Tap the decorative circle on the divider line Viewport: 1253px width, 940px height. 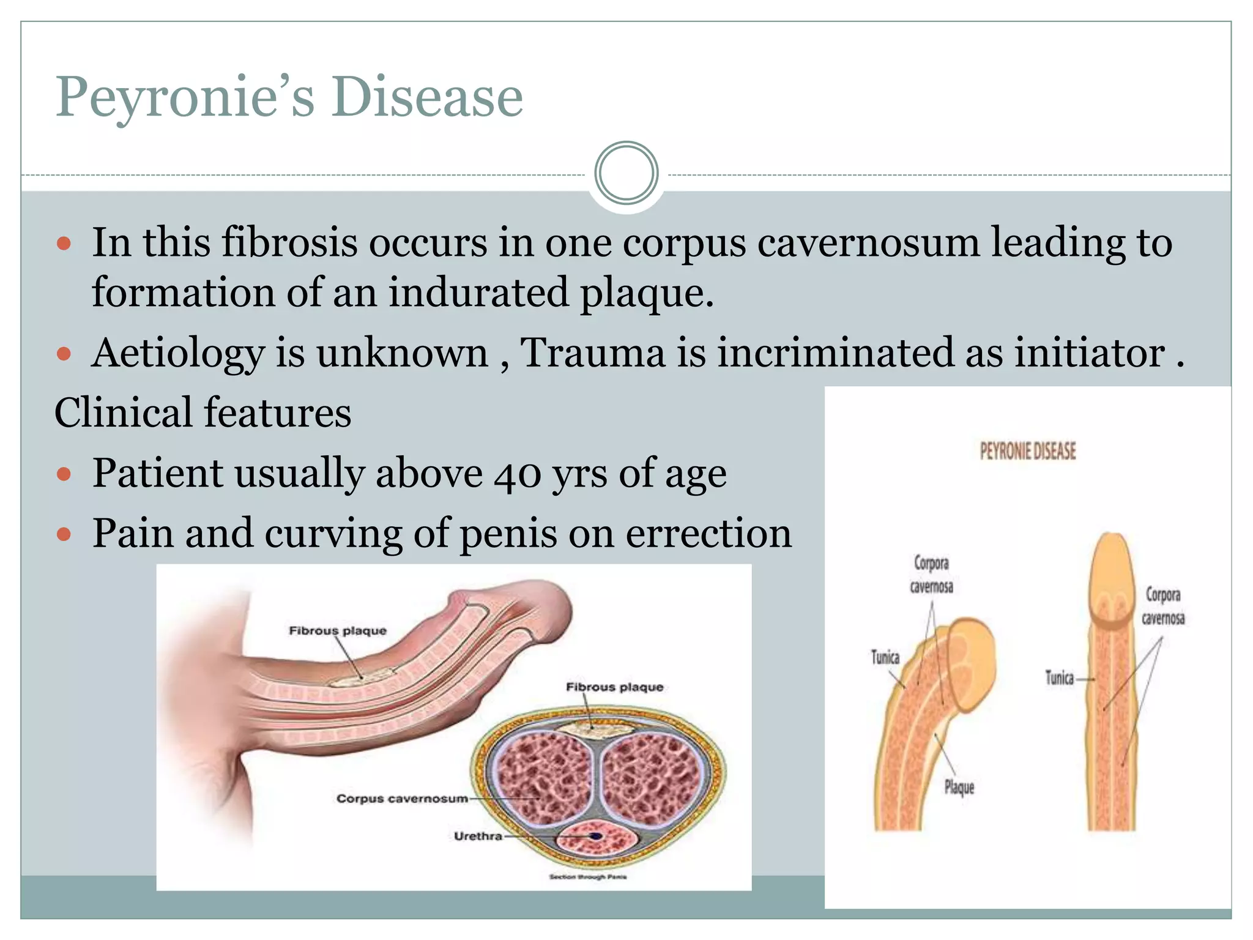626,173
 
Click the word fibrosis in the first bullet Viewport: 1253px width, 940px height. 289,242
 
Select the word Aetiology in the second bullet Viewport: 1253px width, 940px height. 177,353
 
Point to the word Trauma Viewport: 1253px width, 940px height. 592,353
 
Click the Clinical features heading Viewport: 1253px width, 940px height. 203,412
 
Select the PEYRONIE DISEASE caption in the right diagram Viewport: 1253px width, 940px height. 1028,452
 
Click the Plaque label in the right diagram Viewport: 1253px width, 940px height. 959,787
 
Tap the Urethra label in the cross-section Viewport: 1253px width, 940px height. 478,836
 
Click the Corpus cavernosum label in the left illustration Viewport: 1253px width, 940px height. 402,799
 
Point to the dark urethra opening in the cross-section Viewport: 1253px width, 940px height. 595,836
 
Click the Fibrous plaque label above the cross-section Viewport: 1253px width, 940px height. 614,687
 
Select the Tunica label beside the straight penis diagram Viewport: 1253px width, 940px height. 1059,678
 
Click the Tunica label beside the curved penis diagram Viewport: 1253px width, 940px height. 885,658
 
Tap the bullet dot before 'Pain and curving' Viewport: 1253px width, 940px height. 64,534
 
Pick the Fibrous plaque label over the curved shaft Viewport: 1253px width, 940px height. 338,631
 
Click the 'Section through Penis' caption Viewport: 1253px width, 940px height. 587,877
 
